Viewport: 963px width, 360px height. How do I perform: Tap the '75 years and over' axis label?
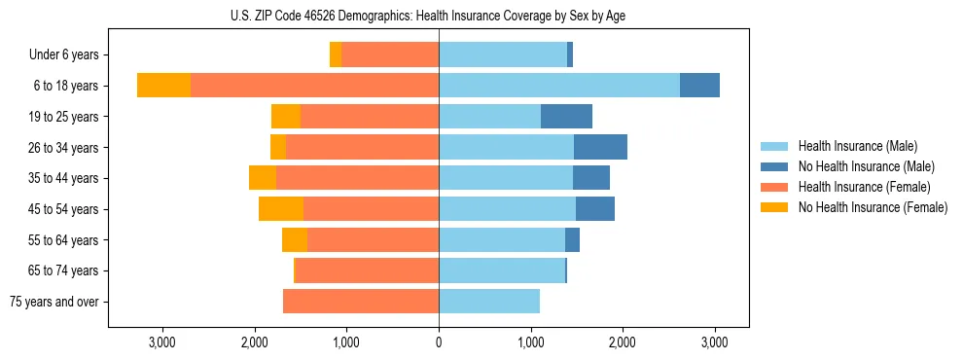(x=54, y=302)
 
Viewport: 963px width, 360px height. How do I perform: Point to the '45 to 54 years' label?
(x=63, y=209)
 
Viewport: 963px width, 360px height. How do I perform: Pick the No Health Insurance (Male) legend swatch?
(x=775, y=166)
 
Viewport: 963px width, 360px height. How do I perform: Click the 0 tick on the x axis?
(x=439, y=342)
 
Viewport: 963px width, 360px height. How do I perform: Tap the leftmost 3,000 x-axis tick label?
(x=161, y=342)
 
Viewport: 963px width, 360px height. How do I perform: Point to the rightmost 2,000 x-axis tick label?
(x=623, y=342)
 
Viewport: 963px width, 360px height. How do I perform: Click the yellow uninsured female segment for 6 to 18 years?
(x=163, y=86)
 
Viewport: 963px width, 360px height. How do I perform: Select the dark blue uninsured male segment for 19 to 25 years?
(x=566, y=117)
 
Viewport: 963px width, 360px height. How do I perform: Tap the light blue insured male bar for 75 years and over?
(x=489, y=302)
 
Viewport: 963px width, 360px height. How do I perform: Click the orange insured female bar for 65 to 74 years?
(x=367, y=270)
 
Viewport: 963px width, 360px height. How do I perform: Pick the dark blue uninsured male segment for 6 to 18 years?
(x=699, y=86)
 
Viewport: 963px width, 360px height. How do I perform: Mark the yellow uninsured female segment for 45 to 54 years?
(x=281, y=209)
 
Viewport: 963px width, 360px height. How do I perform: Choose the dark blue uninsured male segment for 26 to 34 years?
(x=600, y=147)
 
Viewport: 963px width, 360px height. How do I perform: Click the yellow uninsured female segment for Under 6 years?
(x=336, y=55)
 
